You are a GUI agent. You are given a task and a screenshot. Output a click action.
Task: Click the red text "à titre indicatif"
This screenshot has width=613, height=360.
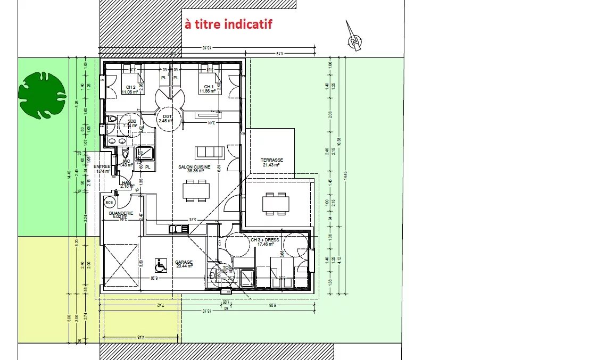click(x=228, y=24)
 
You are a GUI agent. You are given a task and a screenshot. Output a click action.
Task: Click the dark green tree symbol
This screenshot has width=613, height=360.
click(x=42, y=96)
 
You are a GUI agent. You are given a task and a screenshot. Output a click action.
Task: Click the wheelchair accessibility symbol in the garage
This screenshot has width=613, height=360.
click(x=159, y=264)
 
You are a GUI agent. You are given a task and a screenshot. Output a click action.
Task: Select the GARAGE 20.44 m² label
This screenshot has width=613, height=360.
click(x=184, y=264)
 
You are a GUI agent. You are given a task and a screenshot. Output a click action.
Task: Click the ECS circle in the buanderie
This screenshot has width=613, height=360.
click(x=110, y=202)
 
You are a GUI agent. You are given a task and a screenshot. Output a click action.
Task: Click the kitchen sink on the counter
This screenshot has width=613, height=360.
click(x=179, y=229)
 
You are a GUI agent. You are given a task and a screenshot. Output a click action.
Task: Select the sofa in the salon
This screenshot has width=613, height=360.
click(x=210, y=152)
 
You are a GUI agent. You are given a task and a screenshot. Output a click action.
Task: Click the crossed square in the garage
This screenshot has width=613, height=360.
click(x=121, y=265)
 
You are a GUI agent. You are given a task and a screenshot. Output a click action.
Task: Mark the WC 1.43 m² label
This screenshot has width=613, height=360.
click(x=126, y=163)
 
